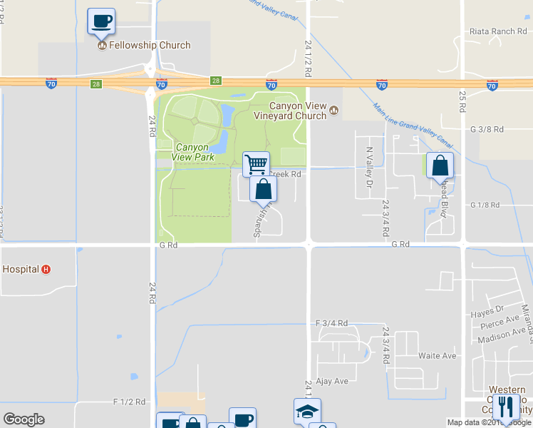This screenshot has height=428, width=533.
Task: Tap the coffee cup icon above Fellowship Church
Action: (x=101, y=21)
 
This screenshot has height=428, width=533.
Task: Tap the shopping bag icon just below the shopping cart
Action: (x=263, y=189)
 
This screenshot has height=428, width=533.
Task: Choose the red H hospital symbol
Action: (x=46, y=270)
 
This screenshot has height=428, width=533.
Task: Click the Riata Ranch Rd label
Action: (x=497, y=31)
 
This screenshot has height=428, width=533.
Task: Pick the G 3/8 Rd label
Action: (x=487, y=129)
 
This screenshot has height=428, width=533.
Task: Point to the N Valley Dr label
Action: (x=369, y=167)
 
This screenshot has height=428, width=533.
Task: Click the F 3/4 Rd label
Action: (x=331, y=323)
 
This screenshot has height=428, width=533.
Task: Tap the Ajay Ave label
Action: (x=332, y=381)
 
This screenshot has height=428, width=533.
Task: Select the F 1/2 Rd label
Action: (x=129, y=402)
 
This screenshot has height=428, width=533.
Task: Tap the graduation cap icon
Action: (x=307, y=410)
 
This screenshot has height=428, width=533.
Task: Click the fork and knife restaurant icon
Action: (x=507, y=405)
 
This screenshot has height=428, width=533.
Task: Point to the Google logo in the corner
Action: (x=24, y=419)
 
